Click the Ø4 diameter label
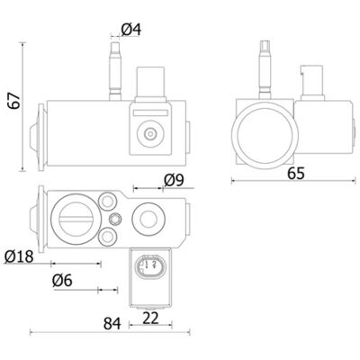tap(131, 30)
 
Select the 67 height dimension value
tap(14, 101)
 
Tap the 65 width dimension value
tap(296, 174)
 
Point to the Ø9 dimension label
tap(174, 180)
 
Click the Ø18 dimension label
tap(19, 256)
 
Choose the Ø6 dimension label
tap(62, 281)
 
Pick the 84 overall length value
tap(112, 324)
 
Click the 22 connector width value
tap(150, 318)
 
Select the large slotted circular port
tap(76, 219)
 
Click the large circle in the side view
tap(265, 135)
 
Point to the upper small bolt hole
tap(107, 202)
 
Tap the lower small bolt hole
tap(107, 237)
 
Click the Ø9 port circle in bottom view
tap(148, 219)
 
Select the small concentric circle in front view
tap(150, 133)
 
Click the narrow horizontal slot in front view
tap(150, 113)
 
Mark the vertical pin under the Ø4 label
tap(115, 71)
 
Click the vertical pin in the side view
tap(265, 69)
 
